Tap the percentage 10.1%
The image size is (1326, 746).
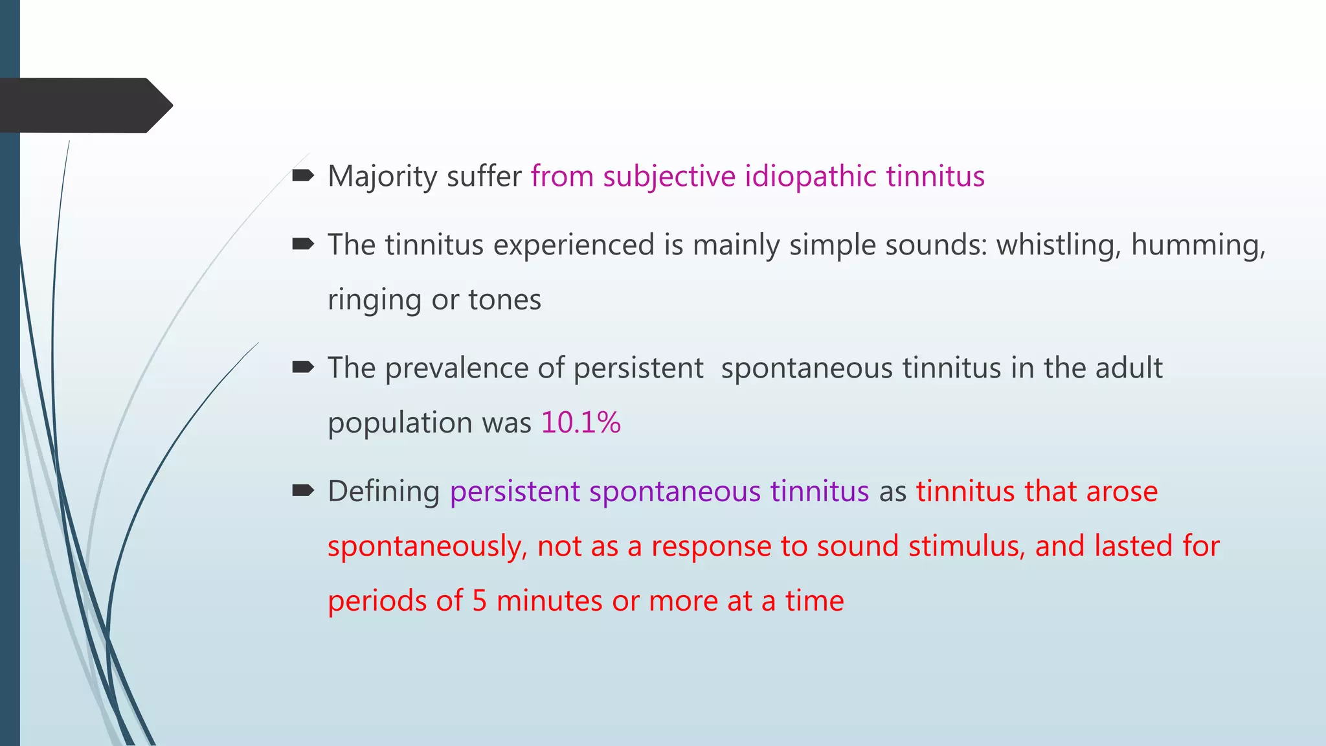[x=581, y=423]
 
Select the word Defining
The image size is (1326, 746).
[x=383, y=492]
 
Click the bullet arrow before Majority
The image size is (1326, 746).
[x=303, y=175]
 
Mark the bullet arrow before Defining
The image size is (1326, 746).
[x=303, y=490]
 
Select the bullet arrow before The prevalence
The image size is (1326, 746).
[x=303, y=367]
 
